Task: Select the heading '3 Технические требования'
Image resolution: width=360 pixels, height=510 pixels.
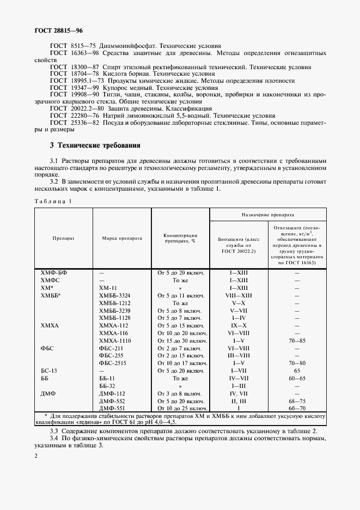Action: click(x=95, y=145)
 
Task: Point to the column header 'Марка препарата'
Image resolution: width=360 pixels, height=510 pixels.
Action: click(x=122, y=238)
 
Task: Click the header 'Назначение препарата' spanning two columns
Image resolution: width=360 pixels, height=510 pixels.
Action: click(x=268, y=215)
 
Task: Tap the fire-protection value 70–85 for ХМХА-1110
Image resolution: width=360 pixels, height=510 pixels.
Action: click(x=297, y=339)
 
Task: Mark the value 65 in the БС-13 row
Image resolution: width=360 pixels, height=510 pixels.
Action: click(x=297, y=370)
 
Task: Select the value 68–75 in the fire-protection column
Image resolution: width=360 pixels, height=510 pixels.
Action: click(x=297, y=400)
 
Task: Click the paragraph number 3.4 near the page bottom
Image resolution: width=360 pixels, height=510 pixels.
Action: click(x=54, y=438)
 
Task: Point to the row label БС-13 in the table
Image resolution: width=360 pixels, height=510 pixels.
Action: click(x=48, y=370)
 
